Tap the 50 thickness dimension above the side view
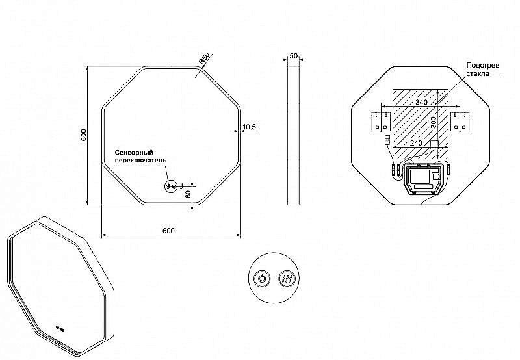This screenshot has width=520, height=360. point(294,56)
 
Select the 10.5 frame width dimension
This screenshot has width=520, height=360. point(250,127)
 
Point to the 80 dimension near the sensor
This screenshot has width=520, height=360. point(188,194)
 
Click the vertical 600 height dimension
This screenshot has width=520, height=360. point(84,135)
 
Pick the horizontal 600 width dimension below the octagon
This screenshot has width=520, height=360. point(168,231)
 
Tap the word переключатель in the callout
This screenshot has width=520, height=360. point(140,160)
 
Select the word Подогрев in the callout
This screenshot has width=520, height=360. point(483,65)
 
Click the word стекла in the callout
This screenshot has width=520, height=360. point(478,73)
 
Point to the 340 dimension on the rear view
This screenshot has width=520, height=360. point(421,102)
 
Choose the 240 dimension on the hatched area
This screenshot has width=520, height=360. point(416,143)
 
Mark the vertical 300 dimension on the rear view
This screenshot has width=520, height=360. point(434,122)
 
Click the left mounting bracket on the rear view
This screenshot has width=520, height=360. point(380,122)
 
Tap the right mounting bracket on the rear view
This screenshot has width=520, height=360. point(460,122)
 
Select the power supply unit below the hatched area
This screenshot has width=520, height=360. point(422,179)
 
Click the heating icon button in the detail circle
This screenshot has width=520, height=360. point(286,279)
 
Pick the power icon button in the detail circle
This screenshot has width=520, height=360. point(262,279)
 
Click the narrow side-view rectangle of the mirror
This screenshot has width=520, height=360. point(293,135)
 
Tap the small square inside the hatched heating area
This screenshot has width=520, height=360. point(434,144)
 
